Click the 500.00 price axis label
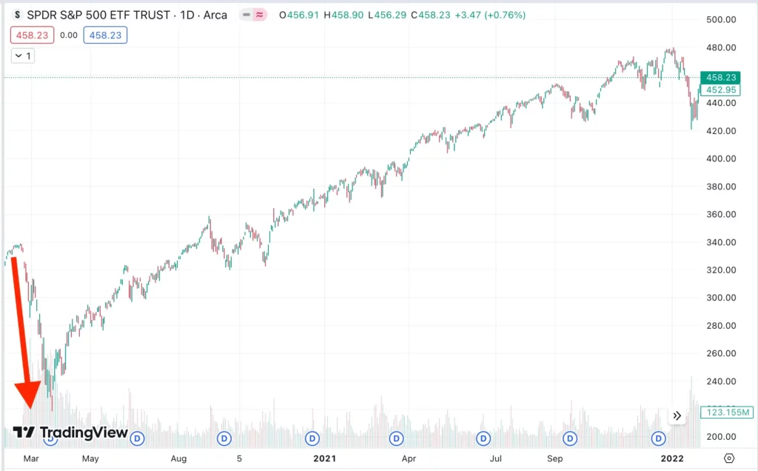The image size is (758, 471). (x=720, y=19)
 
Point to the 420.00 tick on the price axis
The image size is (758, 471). (x=720, y=131)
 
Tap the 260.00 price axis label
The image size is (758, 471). (x=720, y=353)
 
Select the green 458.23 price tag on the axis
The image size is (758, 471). (x=720, y=77)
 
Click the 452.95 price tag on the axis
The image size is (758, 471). (x=720, y=90)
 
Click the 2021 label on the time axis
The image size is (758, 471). (x=324, y=458)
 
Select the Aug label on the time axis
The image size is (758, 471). (x=178, y=458)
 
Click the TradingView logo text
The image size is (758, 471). (x=84, y=432)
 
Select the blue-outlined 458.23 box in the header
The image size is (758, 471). (x=105, y=35)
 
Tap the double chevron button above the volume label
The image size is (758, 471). (x=677, y=415)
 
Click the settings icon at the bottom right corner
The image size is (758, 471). (x=729, y=458)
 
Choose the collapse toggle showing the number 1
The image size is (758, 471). (x=22, y=56)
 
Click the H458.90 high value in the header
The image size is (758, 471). (x=346, y=15)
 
